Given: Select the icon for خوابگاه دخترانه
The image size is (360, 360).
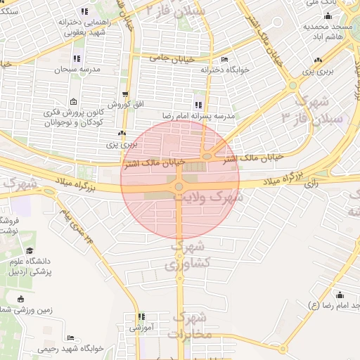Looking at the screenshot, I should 224,60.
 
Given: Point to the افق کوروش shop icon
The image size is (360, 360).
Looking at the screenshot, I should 125,94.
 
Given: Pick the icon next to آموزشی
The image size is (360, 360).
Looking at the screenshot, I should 141,317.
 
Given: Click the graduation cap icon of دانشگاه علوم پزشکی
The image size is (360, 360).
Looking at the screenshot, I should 30,251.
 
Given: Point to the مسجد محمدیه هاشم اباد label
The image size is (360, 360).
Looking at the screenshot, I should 323,30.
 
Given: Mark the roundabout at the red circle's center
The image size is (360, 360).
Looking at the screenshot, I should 179,186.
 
